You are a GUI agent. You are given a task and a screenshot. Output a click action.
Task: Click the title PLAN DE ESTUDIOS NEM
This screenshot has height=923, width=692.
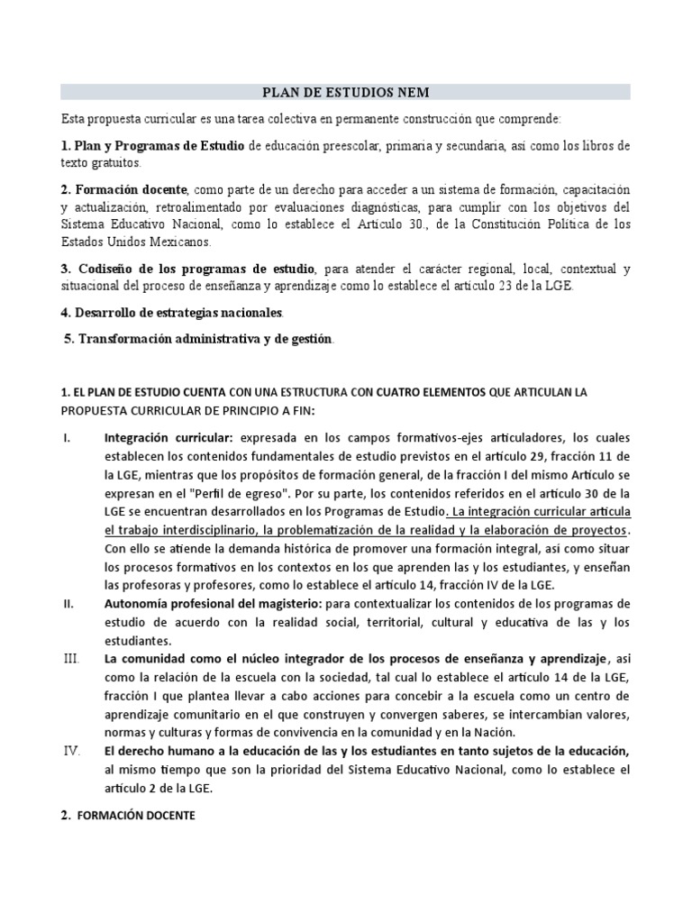(x=345, y=92)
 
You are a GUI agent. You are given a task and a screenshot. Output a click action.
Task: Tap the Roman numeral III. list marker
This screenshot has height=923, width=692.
(x=71, y=659)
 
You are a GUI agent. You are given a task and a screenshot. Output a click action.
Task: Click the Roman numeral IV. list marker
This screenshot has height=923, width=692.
(x=71, y=751)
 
